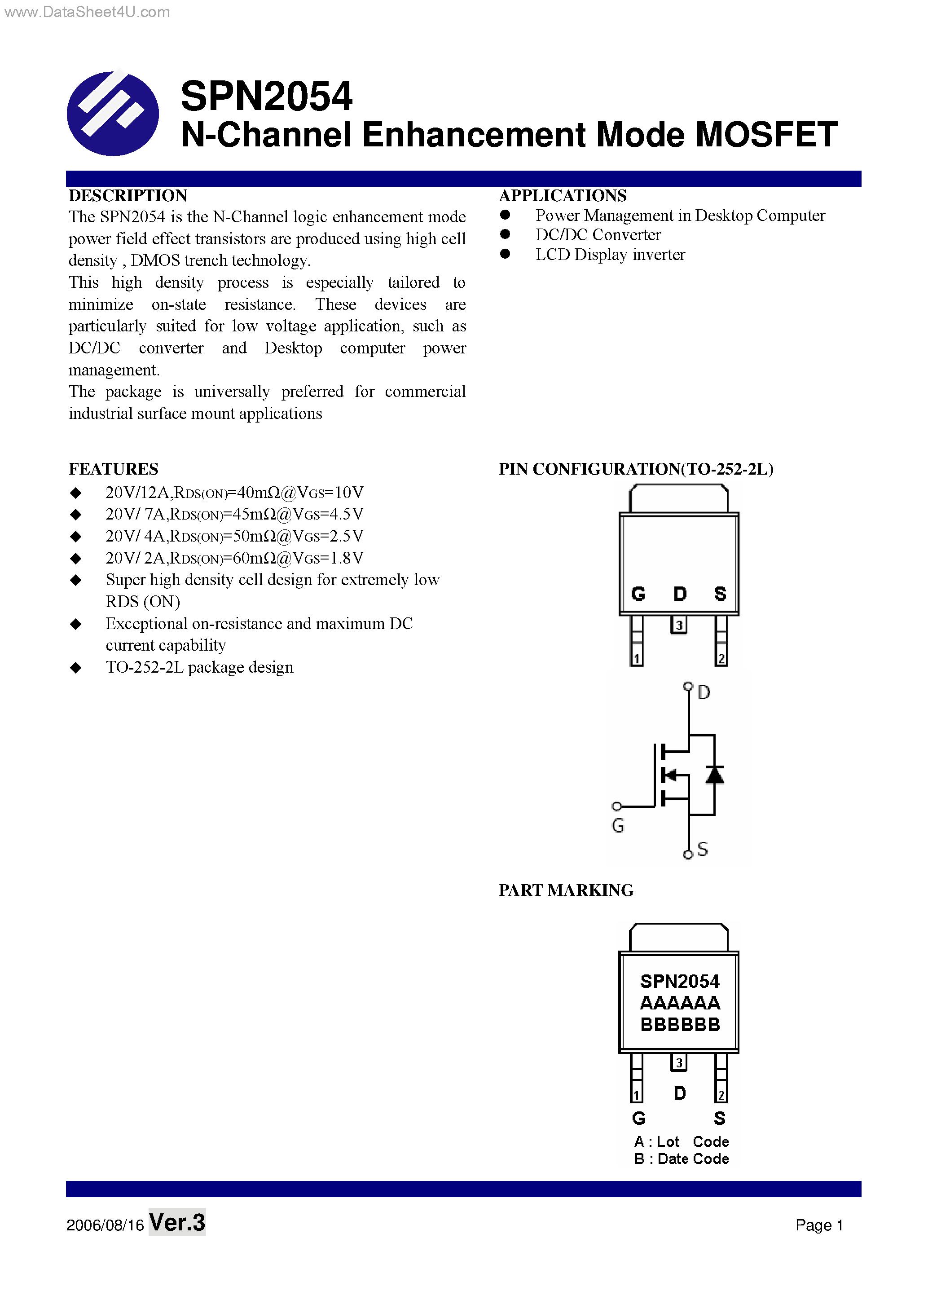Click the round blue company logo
113,113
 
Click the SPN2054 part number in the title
266,96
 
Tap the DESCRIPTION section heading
128,196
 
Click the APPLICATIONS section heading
562,196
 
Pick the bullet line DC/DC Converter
598,235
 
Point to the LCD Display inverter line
610,255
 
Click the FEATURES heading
113,469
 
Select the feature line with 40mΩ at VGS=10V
234,492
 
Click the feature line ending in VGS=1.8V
234,558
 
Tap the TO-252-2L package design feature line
199,667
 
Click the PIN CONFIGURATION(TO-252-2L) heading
636,469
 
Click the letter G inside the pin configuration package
638,594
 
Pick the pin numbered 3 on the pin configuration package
679,625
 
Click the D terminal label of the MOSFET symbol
704,692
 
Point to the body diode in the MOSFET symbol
714,775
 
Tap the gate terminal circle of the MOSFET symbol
616,806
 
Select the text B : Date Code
681,1159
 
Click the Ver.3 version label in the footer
177,1223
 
